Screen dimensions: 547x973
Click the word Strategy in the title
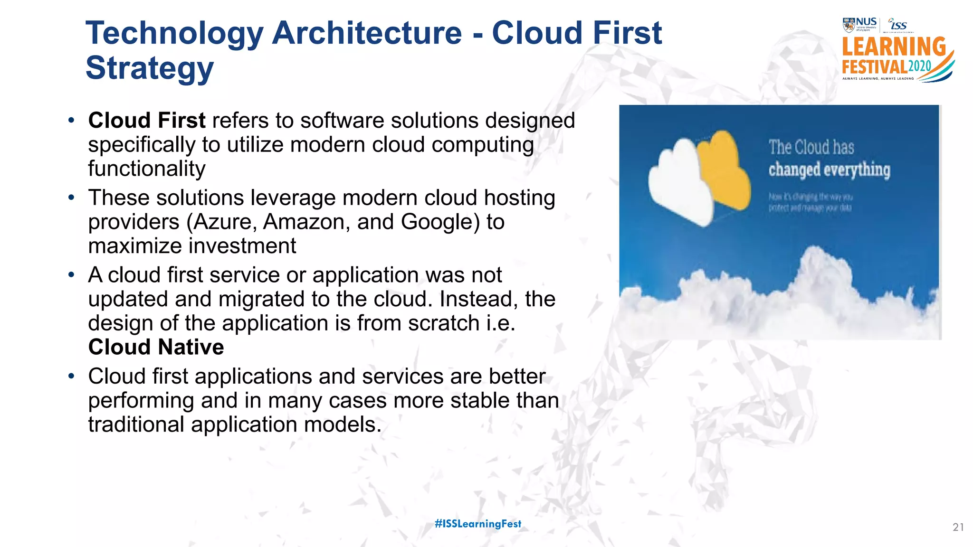point(149,68)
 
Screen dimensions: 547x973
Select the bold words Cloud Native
point(156,347)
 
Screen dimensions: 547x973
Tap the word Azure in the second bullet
point(224,222)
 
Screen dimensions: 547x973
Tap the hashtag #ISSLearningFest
point(478,524)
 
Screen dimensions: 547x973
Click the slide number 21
point(958,527)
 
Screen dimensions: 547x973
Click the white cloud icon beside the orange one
point(679,183)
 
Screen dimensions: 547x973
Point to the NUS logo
point(859,24)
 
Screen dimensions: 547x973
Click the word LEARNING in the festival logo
point(894,47)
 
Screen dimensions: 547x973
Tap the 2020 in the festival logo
point(919,66)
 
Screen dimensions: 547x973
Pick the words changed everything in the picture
point(829,170)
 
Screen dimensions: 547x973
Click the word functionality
point(147,169)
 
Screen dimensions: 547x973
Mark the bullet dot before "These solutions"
point(71,197)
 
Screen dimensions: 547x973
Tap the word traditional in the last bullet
point(136,424)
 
